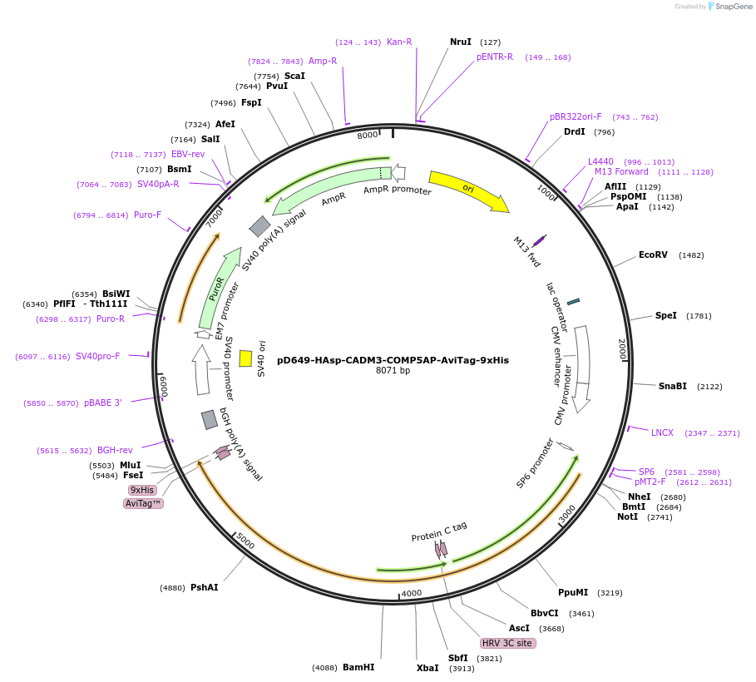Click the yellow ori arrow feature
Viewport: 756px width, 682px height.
(x=468, y=190)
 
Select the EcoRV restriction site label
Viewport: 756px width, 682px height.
(x=653, y=255)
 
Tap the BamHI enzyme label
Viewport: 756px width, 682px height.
(x=358, y=667)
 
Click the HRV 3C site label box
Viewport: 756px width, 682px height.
(x=508, y=643)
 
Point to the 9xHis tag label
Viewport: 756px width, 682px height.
(x=142, y=490)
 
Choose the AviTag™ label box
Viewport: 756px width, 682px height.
(x=144, y=503)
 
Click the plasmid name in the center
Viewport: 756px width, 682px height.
(x=393, y=360)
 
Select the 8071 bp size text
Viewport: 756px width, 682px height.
(x=393, y=371)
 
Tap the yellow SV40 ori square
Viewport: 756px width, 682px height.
(x=245, y=358)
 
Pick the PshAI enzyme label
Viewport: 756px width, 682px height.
(x=204, y=587)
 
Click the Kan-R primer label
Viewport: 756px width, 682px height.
(x=399, y=42)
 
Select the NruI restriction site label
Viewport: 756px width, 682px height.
(x=461, y=42)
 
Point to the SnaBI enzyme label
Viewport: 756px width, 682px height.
(x=673, y=386)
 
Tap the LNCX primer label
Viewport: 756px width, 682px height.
(x=662, y=432)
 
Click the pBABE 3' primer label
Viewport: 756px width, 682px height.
(x=102, y=403)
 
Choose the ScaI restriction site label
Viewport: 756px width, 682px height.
(x=294, y=76)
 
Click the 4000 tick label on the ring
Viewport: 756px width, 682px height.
(x=412, y=593)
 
